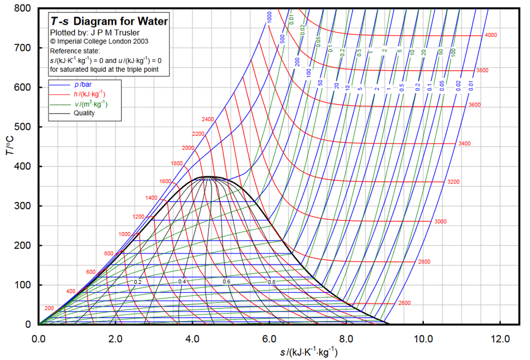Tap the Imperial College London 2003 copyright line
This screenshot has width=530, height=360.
(99, 41)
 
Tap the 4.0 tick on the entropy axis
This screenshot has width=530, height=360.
(192, 338)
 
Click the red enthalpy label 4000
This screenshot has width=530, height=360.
(490, 35)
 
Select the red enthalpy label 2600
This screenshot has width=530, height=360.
(404, 303)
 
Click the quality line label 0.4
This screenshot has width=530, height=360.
(182, 281)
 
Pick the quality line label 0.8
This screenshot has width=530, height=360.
(271, 281)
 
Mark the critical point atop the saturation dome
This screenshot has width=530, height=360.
(208, 176)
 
